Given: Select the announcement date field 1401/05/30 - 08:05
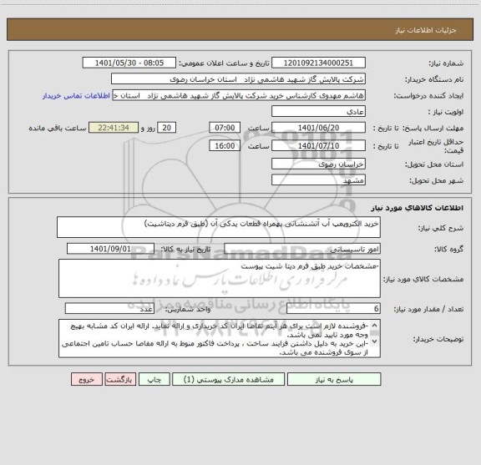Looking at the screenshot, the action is [x=130, y=63].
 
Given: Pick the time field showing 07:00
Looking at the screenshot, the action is [x=223, y=127].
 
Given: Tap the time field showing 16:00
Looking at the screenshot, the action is [x=223, y=145].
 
